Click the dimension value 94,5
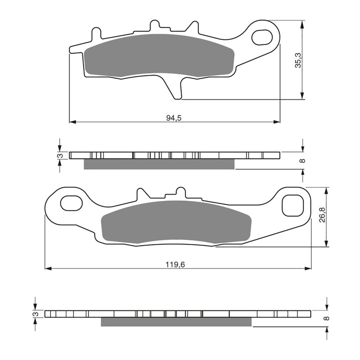click(x=173, y=118)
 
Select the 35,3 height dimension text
click(x=298, y=60)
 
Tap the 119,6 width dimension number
click(x=175, y=264)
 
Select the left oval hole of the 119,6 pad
click(x=71, y=202)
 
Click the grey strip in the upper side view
click(x=158, y=164)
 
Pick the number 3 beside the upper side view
click(x=59, y=156)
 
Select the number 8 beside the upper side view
click(x=302, y=160)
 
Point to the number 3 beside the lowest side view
click(x=35, y=313)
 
